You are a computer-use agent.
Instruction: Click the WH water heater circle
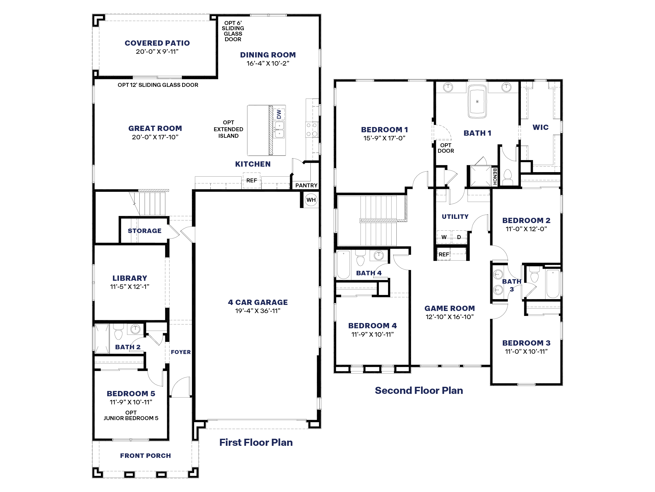tap(311, 200)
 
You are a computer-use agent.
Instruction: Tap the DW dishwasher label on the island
tap(279, 114)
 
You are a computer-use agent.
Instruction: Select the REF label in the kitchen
tap(252, 180)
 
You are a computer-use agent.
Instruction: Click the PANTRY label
tap(306, 185)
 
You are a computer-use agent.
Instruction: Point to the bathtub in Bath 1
tap(477, 102)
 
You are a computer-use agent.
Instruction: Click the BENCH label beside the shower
tap(494, 176)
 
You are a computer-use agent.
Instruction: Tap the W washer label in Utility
tap(444, 237)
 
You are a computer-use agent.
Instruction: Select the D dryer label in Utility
tap(459, 237)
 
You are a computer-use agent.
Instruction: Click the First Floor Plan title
tap(256, 442)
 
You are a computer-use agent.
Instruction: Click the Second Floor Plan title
tap(419, 390)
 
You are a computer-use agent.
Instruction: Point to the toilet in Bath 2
tap(118, 332)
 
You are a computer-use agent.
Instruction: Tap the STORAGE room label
tap(145, 231)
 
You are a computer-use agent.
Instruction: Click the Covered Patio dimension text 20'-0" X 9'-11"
tap(157, 52)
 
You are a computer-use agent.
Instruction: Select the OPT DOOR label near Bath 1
tap(446, 148)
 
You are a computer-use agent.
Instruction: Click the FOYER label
tap(181, 352)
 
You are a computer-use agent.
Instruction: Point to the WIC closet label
tap(541, 127)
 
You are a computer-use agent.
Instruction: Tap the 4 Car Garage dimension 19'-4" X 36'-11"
tap(258, 311)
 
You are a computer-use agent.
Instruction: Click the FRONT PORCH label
tap(145, 456)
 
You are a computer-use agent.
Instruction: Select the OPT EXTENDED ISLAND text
tap(228, 129)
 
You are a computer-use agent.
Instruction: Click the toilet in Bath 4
tap(360, 259)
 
